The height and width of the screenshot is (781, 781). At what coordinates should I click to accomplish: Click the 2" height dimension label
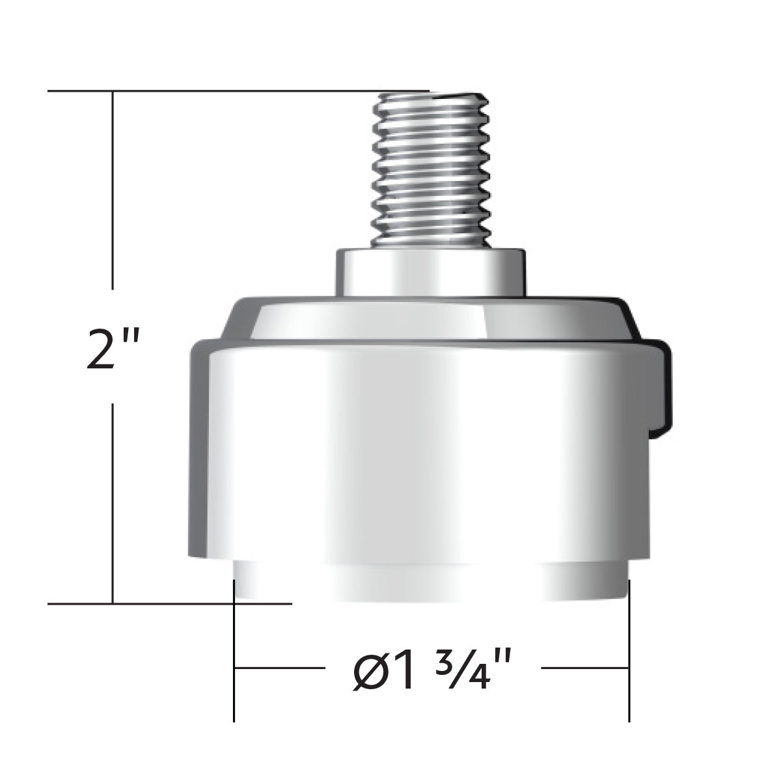click(112, 348)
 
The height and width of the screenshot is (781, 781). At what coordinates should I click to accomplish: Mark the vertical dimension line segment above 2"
click(113, 189)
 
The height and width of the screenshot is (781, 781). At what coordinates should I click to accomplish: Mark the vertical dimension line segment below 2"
click(113, 501)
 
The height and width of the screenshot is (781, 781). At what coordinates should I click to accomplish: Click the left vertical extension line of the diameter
click(234, 651)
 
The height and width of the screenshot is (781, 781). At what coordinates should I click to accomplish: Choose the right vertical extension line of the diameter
click(629, 651)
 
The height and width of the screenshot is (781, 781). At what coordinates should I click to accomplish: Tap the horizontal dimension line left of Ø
click(279, 668)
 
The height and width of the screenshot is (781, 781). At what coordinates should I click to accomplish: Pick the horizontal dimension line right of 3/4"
click(584, 668)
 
